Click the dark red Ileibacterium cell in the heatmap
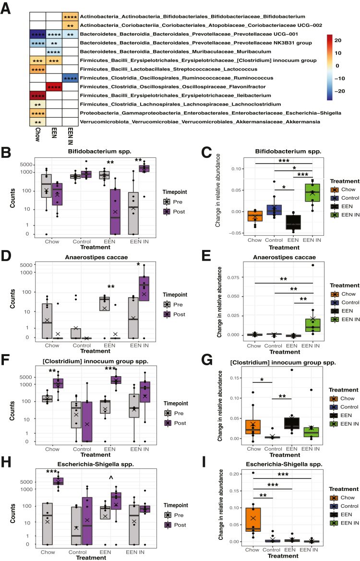(37, 95)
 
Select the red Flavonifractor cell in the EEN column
(54, 87)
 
